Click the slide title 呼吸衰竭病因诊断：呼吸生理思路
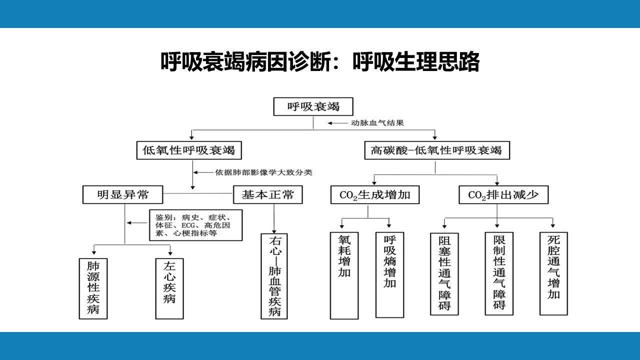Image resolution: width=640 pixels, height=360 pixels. (320, 61)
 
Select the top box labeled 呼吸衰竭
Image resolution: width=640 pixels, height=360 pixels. (313, 106)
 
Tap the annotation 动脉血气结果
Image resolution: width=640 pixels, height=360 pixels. (377, 123)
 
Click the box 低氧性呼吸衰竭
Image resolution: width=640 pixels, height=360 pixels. (189, 150)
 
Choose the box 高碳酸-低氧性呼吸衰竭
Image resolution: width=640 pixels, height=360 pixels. (437, 150)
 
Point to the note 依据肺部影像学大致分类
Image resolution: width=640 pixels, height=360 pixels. (263, 172)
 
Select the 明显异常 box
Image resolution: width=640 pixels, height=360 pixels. (123, 194)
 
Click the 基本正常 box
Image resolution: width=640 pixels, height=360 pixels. (267, 194)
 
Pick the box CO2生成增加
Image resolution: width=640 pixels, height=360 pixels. (375, 195)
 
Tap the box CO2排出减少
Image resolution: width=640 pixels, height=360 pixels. (503, 195)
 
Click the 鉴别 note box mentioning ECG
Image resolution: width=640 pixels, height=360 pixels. (195, 225)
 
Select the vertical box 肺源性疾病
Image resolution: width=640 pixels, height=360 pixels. (93, 288)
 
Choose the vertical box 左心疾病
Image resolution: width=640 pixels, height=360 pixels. (169, 288)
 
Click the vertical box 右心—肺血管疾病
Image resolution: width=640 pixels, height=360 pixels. (274, 276)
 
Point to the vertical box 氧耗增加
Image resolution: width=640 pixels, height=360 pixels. (344, 275)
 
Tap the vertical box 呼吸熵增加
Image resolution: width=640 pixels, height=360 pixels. (389, 275)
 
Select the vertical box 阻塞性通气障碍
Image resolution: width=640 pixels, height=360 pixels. (444, 274)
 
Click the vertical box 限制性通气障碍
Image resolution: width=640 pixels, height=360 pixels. (499, 273)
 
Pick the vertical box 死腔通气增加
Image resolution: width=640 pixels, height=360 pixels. (553, 273)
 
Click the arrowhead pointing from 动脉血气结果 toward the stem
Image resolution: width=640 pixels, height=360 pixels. (329, 123)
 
